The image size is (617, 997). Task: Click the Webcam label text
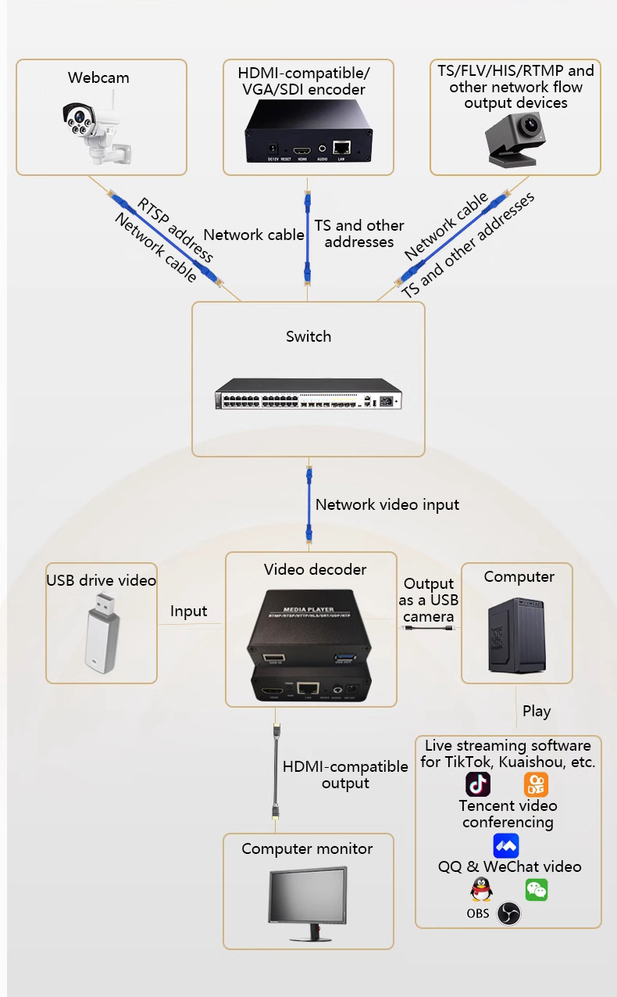coord(98,77)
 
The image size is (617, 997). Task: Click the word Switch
coord(308,336)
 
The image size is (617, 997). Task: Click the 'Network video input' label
coord(387,504)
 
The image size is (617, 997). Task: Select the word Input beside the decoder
coord(189,611)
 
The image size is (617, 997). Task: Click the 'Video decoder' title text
coord(315,569)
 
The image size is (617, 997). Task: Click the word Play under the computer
coord(537,711)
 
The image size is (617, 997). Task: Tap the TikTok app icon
coord(478,784)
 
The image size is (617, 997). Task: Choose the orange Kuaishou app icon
coord(536,784)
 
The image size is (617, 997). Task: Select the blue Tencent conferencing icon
coord(506,846)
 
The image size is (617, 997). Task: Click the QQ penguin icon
coord(481,890)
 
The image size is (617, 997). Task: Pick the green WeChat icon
coord(536,890)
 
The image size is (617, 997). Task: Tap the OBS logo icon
coord(508,913)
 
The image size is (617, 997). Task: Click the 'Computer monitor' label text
coord(307,848)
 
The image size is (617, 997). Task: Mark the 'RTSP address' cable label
coord(175,230)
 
